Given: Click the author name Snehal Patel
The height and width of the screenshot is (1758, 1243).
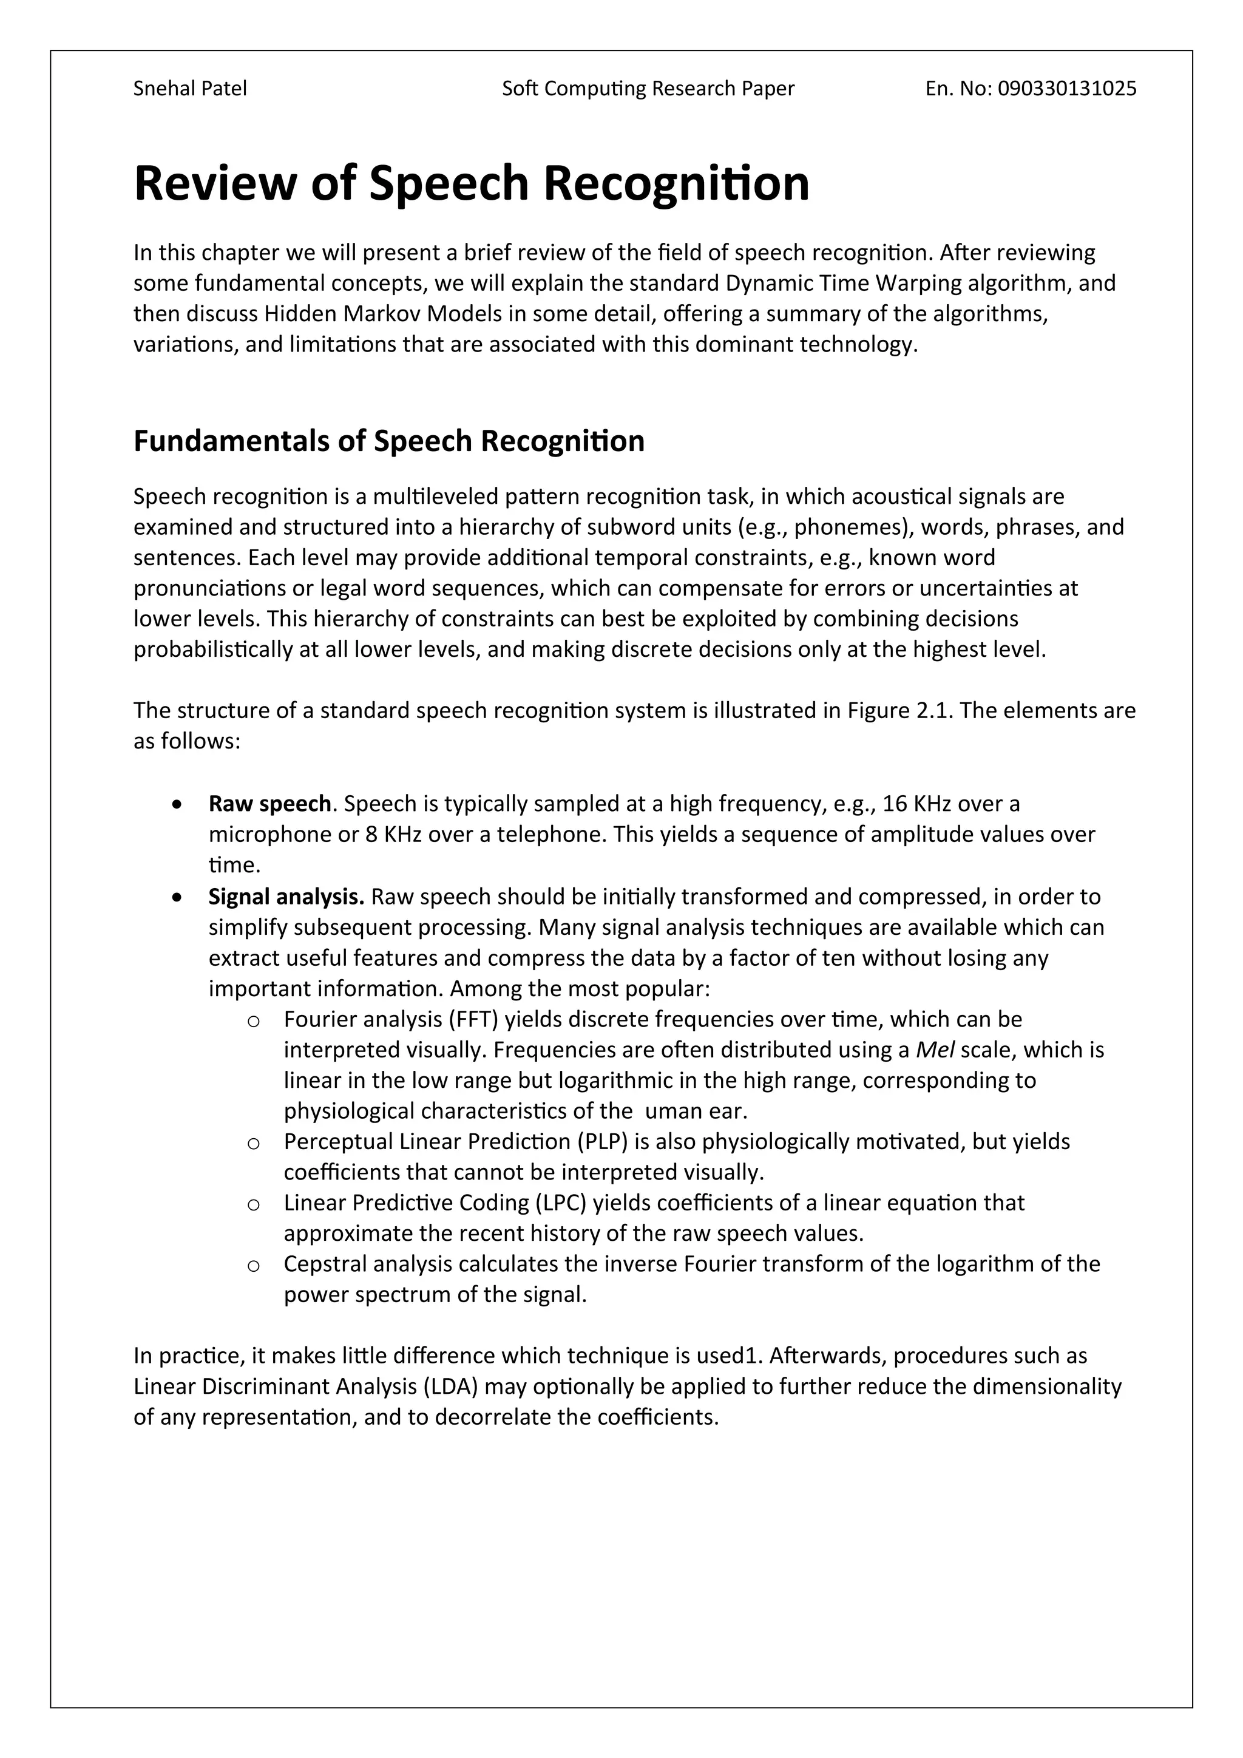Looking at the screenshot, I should pos(190,89).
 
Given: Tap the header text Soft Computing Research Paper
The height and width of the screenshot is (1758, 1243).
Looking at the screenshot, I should pos(648,89).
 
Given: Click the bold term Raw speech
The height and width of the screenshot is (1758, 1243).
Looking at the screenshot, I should pos(269,804).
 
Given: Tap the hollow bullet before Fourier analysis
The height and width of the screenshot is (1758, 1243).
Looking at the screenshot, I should pos(253,1020).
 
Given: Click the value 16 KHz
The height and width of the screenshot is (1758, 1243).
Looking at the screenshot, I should pos(917,804).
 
